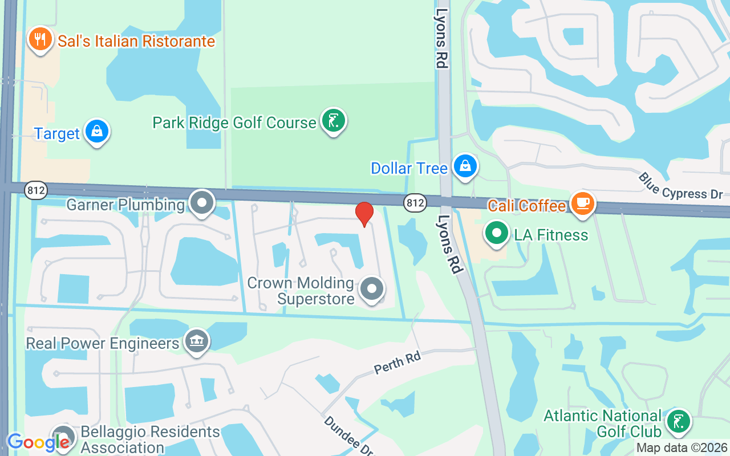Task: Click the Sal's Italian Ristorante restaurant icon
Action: click(40, 39)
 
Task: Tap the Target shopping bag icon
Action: click(97, 132)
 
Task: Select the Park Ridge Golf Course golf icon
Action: click(333, 121)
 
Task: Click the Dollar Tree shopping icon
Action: click(465, 166)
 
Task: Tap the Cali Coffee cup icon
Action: click(582, 202)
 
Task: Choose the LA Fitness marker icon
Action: click(497, 233)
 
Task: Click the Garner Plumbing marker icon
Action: click(201, 203)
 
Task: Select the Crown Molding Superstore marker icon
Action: click(372, 289)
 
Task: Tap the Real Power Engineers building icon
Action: click(197, 341)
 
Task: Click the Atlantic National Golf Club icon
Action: click(678, 422)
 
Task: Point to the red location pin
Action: click(364, 213)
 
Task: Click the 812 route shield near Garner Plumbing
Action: click(36, 190)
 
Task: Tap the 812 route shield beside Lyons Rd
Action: click(415, 202)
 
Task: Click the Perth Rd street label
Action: click(398, 363)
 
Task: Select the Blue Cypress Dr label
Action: click(680, 186)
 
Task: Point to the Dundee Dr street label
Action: click(348, 435)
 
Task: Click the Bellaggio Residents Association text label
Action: click(150, 439)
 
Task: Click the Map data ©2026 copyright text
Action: click(682, 448)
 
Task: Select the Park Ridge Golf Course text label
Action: click(234, 123)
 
